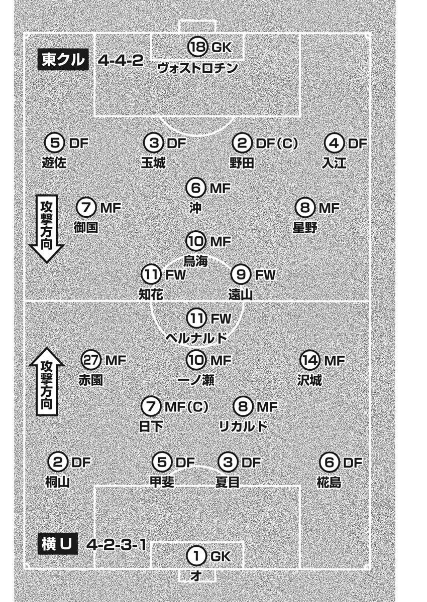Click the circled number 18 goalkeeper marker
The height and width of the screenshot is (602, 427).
point(198,47)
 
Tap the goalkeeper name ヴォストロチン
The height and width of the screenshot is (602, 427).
point(198,68)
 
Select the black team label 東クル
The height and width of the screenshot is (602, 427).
point(63,59)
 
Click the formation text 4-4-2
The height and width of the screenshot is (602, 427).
point(120,61)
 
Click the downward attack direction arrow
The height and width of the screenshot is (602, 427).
point(47,229)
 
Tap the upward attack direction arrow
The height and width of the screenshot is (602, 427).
point(47,382)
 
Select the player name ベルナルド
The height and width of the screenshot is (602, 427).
point(196,338)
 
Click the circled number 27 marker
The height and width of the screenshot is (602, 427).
point(91,360)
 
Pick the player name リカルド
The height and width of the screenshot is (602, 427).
point(243,426)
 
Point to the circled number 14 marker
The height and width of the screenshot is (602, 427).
point(310,360)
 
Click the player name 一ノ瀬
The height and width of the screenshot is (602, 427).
point(196,380)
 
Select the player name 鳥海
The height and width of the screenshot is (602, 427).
point(195,261)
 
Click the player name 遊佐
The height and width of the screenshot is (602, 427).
point(54,163)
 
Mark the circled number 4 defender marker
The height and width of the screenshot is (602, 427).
point(335,143)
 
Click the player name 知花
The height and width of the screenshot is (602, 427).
point(151,294)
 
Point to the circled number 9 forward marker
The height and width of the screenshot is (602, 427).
point(241,275)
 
